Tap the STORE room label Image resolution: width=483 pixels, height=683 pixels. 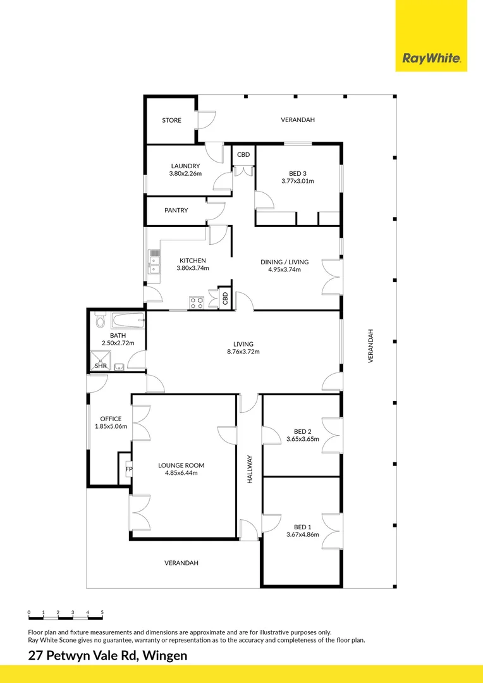[171, 120]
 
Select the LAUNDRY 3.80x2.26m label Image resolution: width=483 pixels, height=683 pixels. [185, 170]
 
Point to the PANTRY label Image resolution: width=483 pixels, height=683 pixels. [176, 211]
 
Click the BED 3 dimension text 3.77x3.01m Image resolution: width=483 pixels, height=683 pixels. [298, 181]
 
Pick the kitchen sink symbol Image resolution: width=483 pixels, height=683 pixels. [154, 262]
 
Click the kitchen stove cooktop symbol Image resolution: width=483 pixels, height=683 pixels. [197, 302]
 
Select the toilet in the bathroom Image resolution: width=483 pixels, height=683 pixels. [100, 321]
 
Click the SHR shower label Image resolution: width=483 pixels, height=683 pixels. [101, 366]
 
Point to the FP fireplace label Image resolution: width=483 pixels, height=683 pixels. [128, 469]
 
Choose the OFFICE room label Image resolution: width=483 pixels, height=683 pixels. [111, 419]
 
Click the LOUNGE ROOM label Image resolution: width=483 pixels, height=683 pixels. [181, 465]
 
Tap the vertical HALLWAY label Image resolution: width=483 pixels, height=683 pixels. [250, 470]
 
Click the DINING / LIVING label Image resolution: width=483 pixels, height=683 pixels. [284, 262]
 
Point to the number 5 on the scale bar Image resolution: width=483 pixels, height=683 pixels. [102, 612]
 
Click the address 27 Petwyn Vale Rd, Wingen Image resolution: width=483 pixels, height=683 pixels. [107, 656]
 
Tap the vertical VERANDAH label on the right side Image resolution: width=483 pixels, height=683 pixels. [372, 345]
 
